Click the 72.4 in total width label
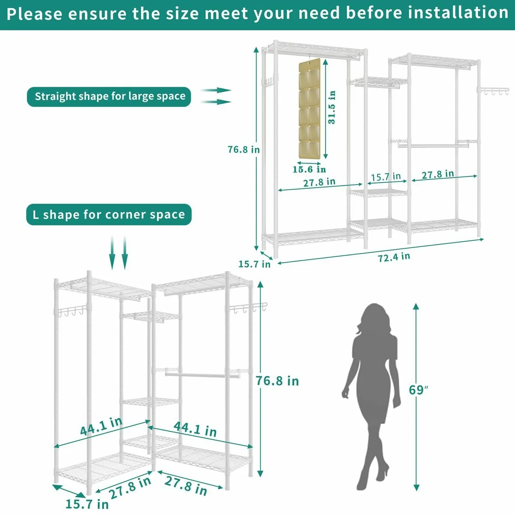tap(394, 257)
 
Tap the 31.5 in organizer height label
tap(332, 107)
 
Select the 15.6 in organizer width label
tap(309, 169)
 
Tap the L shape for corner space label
tap(109, 215)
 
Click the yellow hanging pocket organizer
tap(310, 109)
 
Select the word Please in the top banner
tap(34, 14)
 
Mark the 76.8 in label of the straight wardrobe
tap(244, 149)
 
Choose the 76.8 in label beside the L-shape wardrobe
tap(277, 381)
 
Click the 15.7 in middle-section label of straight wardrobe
tap(385, 176)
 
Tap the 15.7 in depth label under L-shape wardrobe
tap(87, 503)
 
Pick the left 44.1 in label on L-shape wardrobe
tap(101, 426)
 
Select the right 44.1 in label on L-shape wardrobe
tap(195, 428)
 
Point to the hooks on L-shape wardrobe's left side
tap(71, 310)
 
